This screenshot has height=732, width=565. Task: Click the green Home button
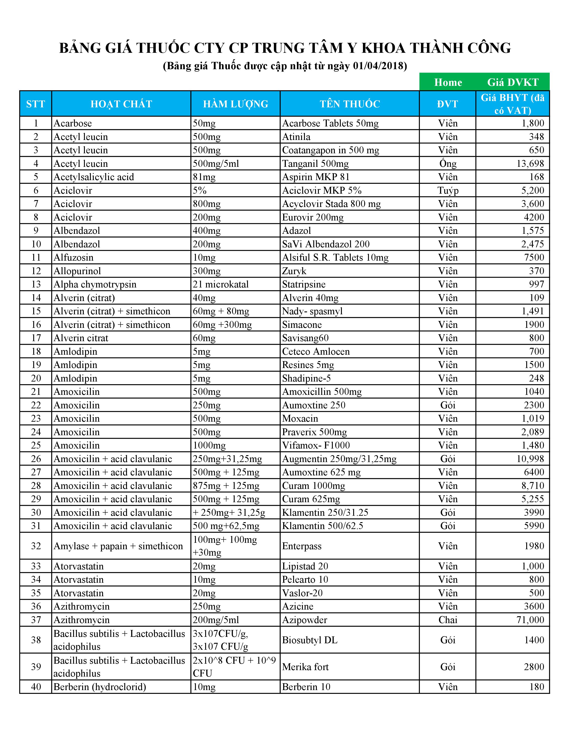pos(448,82)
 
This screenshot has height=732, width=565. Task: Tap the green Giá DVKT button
pos(512,82)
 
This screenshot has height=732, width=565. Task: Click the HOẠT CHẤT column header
pos(121,104)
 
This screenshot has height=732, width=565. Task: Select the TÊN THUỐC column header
pos(350,104)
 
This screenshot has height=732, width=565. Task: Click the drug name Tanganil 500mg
pos(315,163)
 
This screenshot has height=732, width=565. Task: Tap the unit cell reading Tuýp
pos(448,190)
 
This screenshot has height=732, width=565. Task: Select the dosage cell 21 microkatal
pos(221,284)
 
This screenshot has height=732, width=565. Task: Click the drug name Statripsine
pos(304,284)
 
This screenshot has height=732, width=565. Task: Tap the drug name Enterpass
pos(302,546)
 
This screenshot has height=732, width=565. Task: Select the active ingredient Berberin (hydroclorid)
pos(100,687)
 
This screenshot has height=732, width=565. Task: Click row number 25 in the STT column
pos(36,445)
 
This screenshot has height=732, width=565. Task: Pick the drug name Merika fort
pos(305,667)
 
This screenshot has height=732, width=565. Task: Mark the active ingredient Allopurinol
pos(77,271)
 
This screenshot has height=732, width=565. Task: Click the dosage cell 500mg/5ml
pos(216,163)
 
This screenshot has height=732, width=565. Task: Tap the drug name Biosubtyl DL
pos(310,640)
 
